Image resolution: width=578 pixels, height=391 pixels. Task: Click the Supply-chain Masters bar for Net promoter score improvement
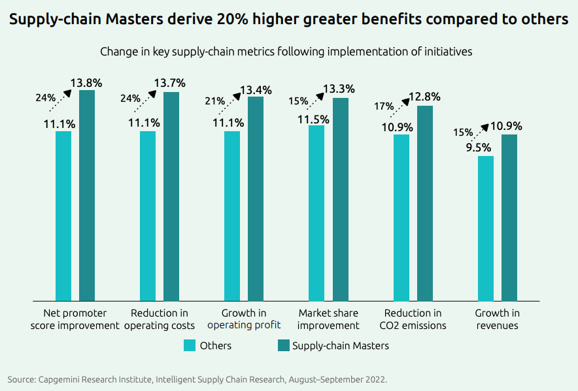point(87,196)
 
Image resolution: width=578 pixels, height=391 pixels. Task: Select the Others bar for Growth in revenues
point(485,228)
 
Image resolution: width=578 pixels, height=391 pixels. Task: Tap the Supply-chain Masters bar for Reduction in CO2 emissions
point(424,203)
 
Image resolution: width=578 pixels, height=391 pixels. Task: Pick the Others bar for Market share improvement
point(316,213)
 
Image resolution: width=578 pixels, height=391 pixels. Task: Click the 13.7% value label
point(169,83)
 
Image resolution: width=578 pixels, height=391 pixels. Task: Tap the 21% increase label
point(214,101)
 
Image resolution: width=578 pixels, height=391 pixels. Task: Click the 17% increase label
point(384,106)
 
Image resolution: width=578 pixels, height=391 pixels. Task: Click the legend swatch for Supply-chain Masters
point(283,345)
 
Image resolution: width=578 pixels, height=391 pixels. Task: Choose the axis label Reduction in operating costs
point(160,319)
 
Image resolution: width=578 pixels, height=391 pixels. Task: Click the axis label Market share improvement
point(329,319)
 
